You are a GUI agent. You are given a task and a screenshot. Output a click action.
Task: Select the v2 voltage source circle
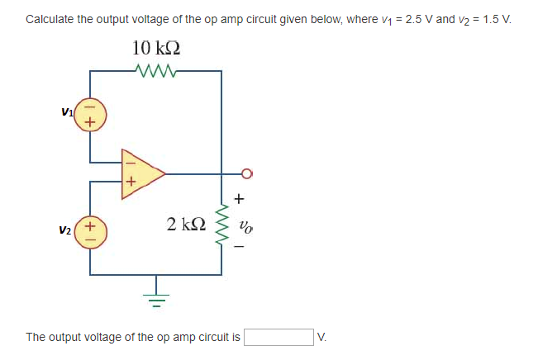pyautogui.click(x=90, y=230)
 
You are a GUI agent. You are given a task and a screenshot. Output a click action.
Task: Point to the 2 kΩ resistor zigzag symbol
pyautogui.click(x=221, y=225)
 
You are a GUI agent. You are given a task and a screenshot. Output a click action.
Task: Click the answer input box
pyautogui.click(x=278, y=337)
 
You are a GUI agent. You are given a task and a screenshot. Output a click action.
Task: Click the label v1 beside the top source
pyautogui.click(x=66, y=110)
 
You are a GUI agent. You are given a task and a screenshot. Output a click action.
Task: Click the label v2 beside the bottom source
pyautogui.click(x=66, y=230)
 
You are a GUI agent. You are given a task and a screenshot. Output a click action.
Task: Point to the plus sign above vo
pyautogui.click(x=240, y=199)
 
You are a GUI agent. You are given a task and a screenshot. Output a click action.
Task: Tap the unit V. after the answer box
pyautogui.click(x=322, y=337)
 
